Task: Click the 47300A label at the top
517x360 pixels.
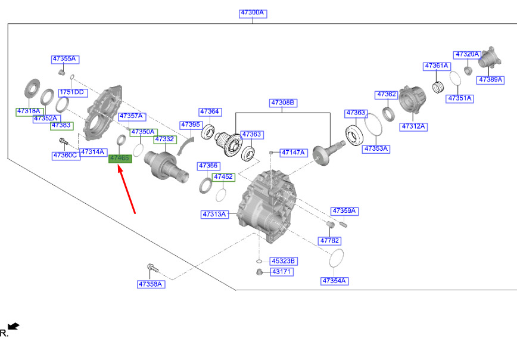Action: (x=253, y=13)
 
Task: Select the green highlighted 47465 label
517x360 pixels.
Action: (x=120, y=159)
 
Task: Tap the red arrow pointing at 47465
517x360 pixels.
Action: (x=127, y=190)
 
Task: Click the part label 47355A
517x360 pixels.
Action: (x=66, y=59)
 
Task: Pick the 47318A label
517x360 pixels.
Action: (x=29, y=111)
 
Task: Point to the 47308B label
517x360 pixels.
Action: (x=283, y=103)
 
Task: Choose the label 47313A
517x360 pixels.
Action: (x=214, y=215)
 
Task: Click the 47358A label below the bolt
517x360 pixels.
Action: (x=151, y=284)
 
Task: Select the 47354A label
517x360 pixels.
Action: (x=334, y=281)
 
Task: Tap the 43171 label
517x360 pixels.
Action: (x=281, y=272)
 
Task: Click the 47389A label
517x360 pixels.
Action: (x=490, y=80)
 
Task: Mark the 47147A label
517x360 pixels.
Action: (x=294, y=153)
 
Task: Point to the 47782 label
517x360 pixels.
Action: (x=329, y=241)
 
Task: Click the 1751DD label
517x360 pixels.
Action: (x=73, y=93)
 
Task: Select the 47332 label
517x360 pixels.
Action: (x=165, y=139)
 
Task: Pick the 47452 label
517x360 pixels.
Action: (x=223, y=177)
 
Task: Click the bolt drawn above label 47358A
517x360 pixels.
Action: (x=152, y=268)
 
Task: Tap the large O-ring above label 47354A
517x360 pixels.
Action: (x=337, y=258)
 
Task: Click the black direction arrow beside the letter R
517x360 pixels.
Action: (x=14, y=327)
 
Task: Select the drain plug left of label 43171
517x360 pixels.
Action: (x=260, y=272)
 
